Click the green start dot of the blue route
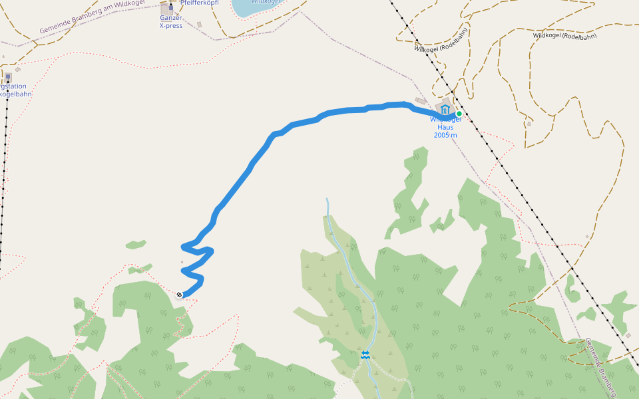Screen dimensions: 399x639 pos(459,114)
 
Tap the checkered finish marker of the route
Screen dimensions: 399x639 pos(179,295)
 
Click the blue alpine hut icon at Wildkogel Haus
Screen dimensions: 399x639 pos(445,109)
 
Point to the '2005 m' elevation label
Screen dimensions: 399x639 pos(445,135)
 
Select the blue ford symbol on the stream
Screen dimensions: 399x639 pos(365,355)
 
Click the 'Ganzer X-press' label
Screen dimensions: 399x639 pos(171,22)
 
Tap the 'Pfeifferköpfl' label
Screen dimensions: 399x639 pos(199,3)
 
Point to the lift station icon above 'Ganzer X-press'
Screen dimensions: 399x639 pos(170,8)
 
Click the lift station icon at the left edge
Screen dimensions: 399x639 pos(8,77)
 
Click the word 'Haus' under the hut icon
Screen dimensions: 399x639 pos(445,127)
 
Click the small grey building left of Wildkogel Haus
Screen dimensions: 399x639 pos(421,101)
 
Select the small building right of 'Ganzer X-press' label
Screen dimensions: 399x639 pos(199,25)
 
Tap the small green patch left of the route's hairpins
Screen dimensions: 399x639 pos(136,245)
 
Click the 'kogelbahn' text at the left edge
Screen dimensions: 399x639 pos(15,94)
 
